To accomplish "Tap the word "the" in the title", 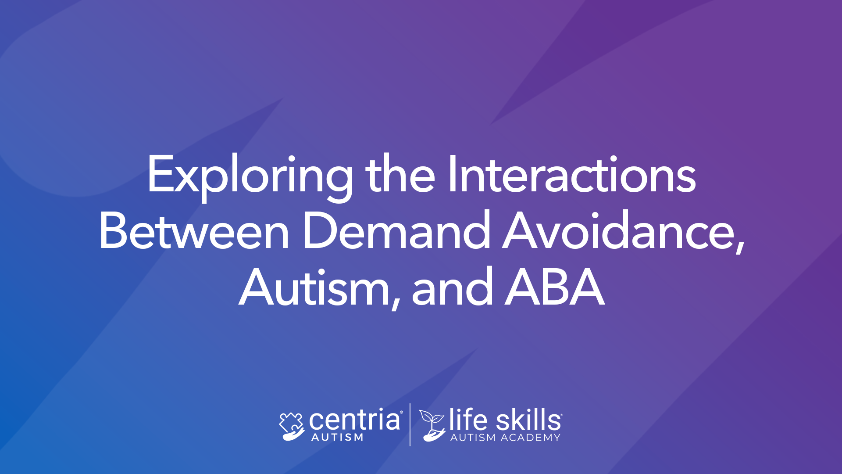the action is point(400,174).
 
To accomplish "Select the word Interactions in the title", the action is point(572,174).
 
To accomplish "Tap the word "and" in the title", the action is point(452,287).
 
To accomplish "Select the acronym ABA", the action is point(555,287).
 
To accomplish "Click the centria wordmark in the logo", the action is point(355,420).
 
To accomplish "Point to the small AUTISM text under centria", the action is point(337,437).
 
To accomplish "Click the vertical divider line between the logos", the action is point(410,424).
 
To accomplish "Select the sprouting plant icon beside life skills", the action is point(432,425).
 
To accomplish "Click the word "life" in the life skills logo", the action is point(468,419).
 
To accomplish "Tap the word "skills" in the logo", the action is point(528,419).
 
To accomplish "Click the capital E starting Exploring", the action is point(161,174).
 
